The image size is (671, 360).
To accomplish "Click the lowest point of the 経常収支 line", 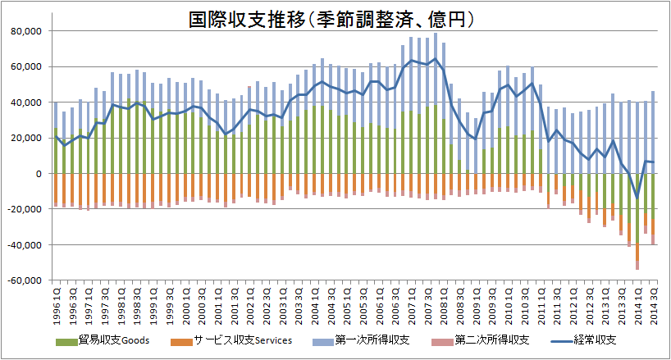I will (x=637, y=198).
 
